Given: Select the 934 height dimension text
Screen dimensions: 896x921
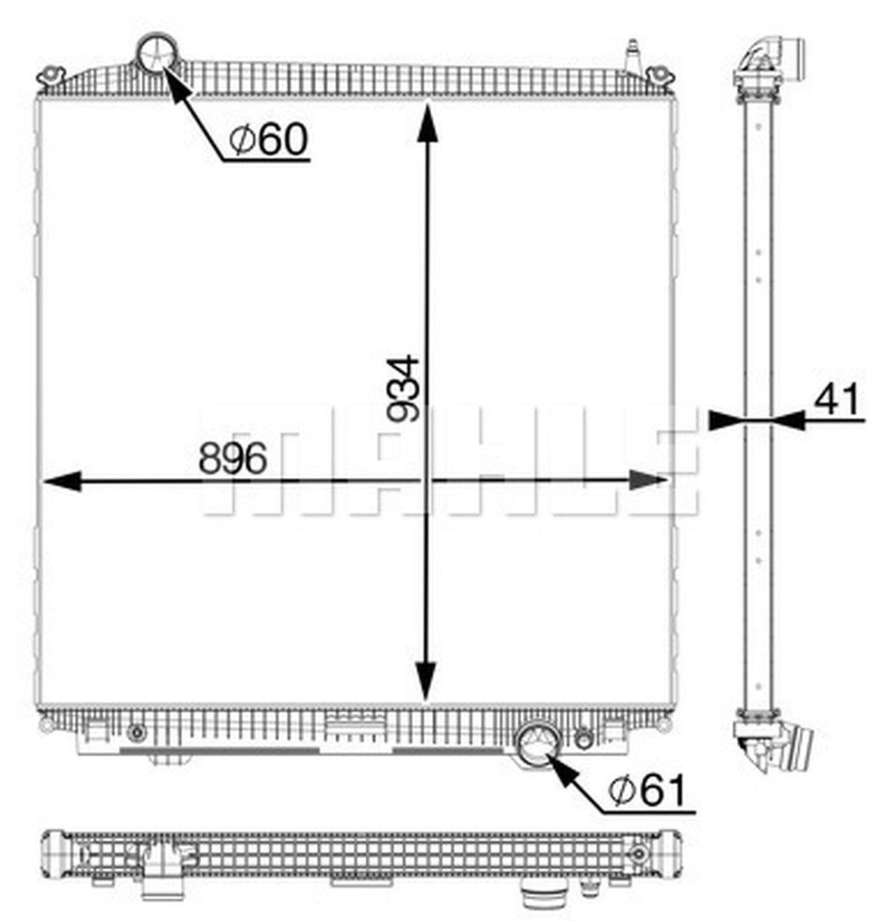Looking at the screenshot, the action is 403,389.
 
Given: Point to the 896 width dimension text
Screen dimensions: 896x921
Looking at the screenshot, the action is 233,458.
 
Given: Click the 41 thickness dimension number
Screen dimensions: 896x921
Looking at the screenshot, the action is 836,399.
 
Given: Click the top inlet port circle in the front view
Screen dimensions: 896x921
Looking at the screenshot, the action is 157,53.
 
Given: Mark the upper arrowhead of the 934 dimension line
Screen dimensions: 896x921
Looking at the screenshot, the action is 427,123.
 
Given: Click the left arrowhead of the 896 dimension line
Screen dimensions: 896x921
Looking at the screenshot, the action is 62,481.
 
